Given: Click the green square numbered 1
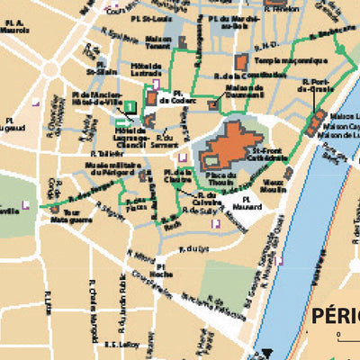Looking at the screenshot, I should pos(130,106).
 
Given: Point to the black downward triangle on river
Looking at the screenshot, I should pos(268,354).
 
